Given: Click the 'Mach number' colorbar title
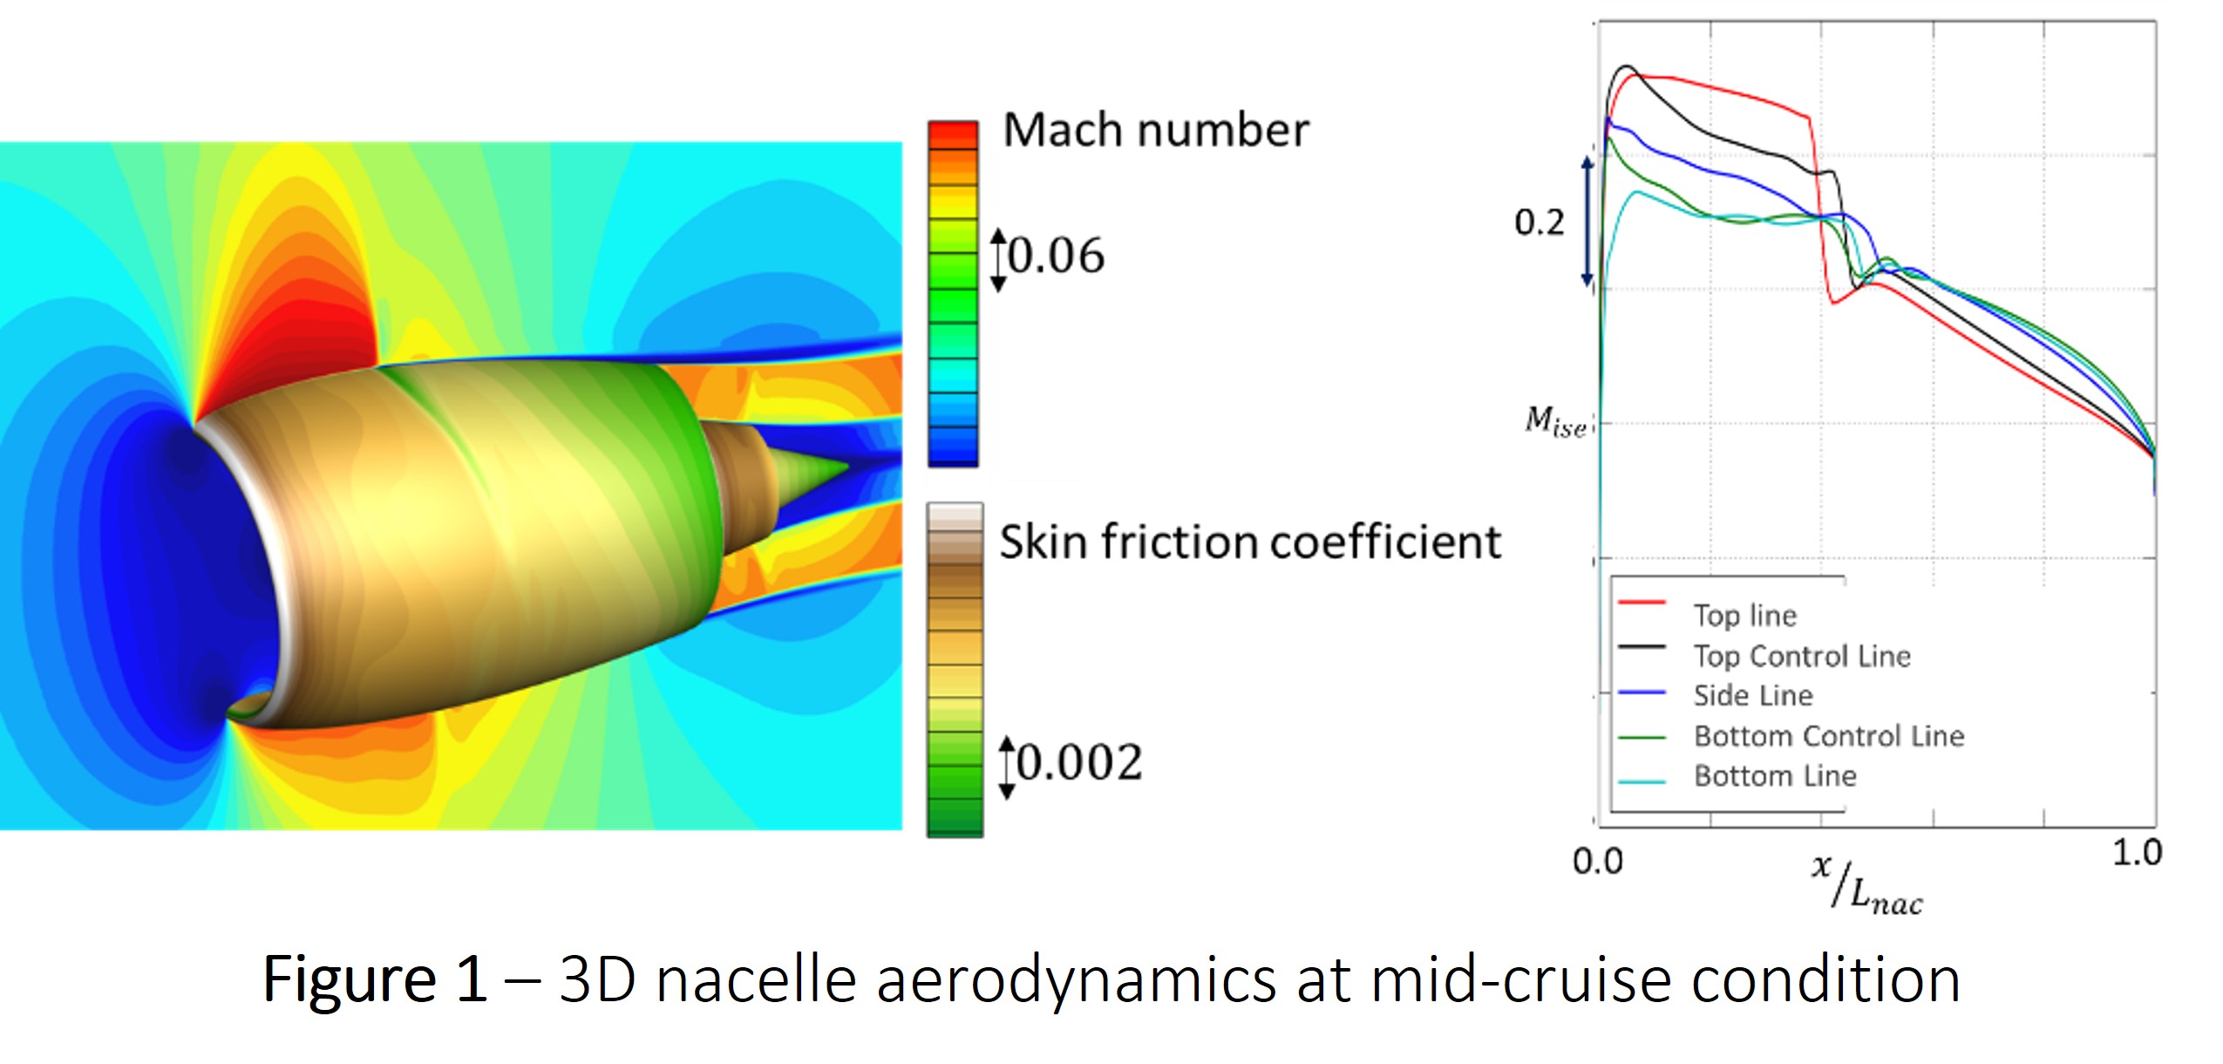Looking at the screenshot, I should point(1155,131).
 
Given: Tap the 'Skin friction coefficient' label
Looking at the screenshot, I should point(1249,542).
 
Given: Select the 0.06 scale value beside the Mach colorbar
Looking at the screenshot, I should point(1056,256).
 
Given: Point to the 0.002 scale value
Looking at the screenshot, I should point(1079,763).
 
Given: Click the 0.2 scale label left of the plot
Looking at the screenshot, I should point(1540,222).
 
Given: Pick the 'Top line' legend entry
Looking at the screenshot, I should point(1744,616).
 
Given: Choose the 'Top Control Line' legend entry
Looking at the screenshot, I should point(1801,656).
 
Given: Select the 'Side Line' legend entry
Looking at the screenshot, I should point(1752,696).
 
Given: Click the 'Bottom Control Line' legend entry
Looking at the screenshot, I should point(1828,736).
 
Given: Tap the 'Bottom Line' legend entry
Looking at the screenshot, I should point(1774,776).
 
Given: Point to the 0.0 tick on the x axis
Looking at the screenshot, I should point(1597,862).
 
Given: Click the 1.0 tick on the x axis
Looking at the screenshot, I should point(2137,853).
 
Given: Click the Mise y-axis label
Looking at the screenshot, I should point(1555,422).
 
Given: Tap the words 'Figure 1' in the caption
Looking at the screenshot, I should point(374,979).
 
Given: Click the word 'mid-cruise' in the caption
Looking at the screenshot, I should point(1519,979).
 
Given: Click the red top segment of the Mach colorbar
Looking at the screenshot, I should point(953,134).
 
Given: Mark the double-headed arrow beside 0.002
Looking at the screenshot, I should point(1007,767).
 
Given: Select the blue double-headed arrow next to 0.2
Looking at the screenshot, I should point(1587,222).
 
